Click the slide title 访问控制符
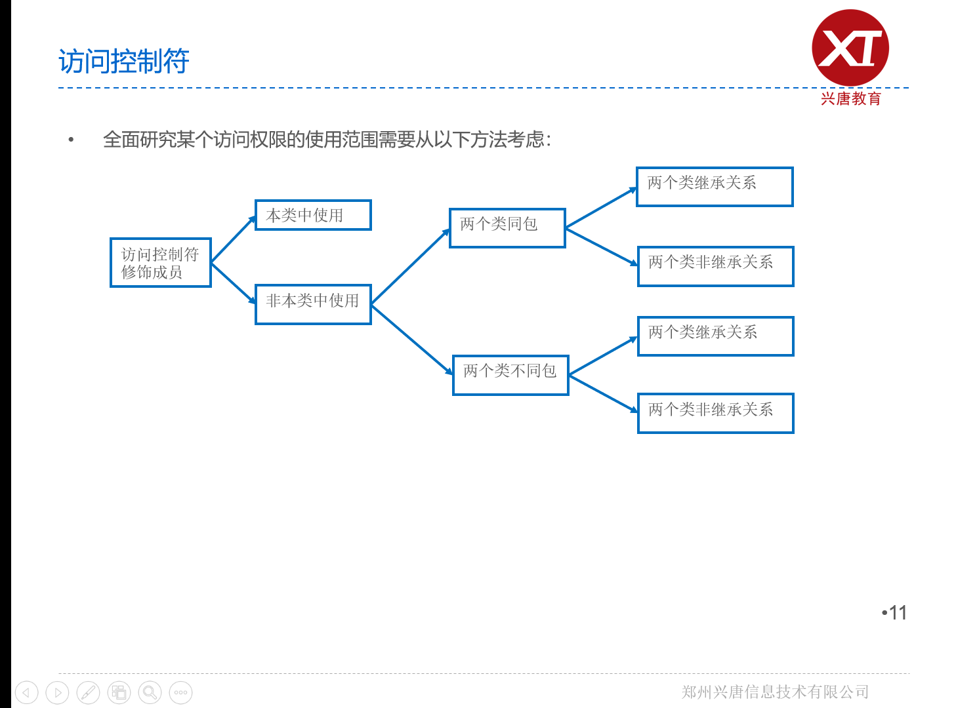point(124,62)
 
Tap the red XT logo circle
point(850,47)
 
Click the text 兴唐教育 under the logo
point(850,99)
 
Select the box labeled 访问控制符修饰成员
point(161,263)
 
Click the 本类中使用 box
point(313,215)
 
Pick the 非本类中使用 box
point(313,304)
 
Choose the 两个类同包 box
point(507,228)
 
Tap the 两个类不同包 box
point(510,375)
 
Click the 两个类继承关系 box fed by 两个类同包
point(715,187)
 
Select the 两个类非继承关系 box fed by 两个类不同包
point(716,413)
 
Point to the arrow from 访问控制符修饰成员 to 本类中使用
point(233,239)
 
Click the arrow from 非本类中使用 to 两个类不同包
point(411,340)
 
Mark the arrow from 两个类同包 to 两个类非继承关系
point(601,246)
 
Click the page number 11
point(897,613)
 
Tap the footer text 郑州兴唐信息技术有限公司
point(775,692)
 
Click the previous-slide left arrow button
point(27,692)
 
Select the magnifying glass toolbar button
point(150,692)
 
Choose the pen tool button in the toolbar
point(89,692)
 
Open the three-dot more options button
point(180,692)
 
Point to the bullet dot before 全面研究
point(71,140)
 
